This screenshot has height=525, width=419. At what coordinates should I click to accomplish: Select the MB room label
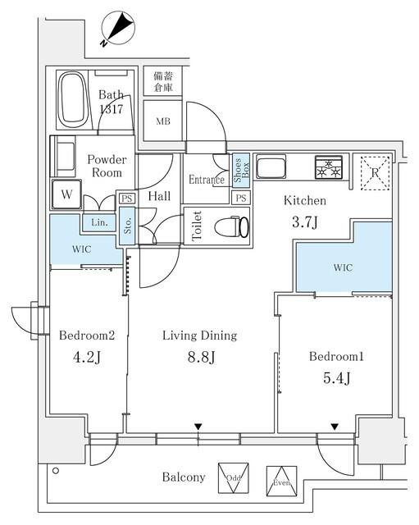click(163, 122)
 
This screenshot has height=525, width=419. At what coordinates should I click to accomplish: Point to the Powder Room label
click(107, 167)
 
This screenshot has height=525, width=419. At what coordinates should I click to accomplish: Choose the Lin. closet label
click(97, 222)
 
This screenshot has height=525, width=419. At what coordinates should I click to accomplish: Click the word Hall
click(159, 197)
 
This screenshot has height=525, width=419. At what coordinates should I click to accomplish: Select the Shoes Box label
click(241, 171)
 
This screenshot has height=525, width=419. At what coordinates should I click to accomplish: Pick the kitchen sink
click(269, 168)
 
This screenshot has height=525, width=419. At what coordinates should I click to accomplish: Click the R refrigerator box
click(375, 172)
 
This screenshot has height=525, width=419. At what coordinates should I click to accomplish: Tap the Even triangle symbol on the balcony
click(280, 482)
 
